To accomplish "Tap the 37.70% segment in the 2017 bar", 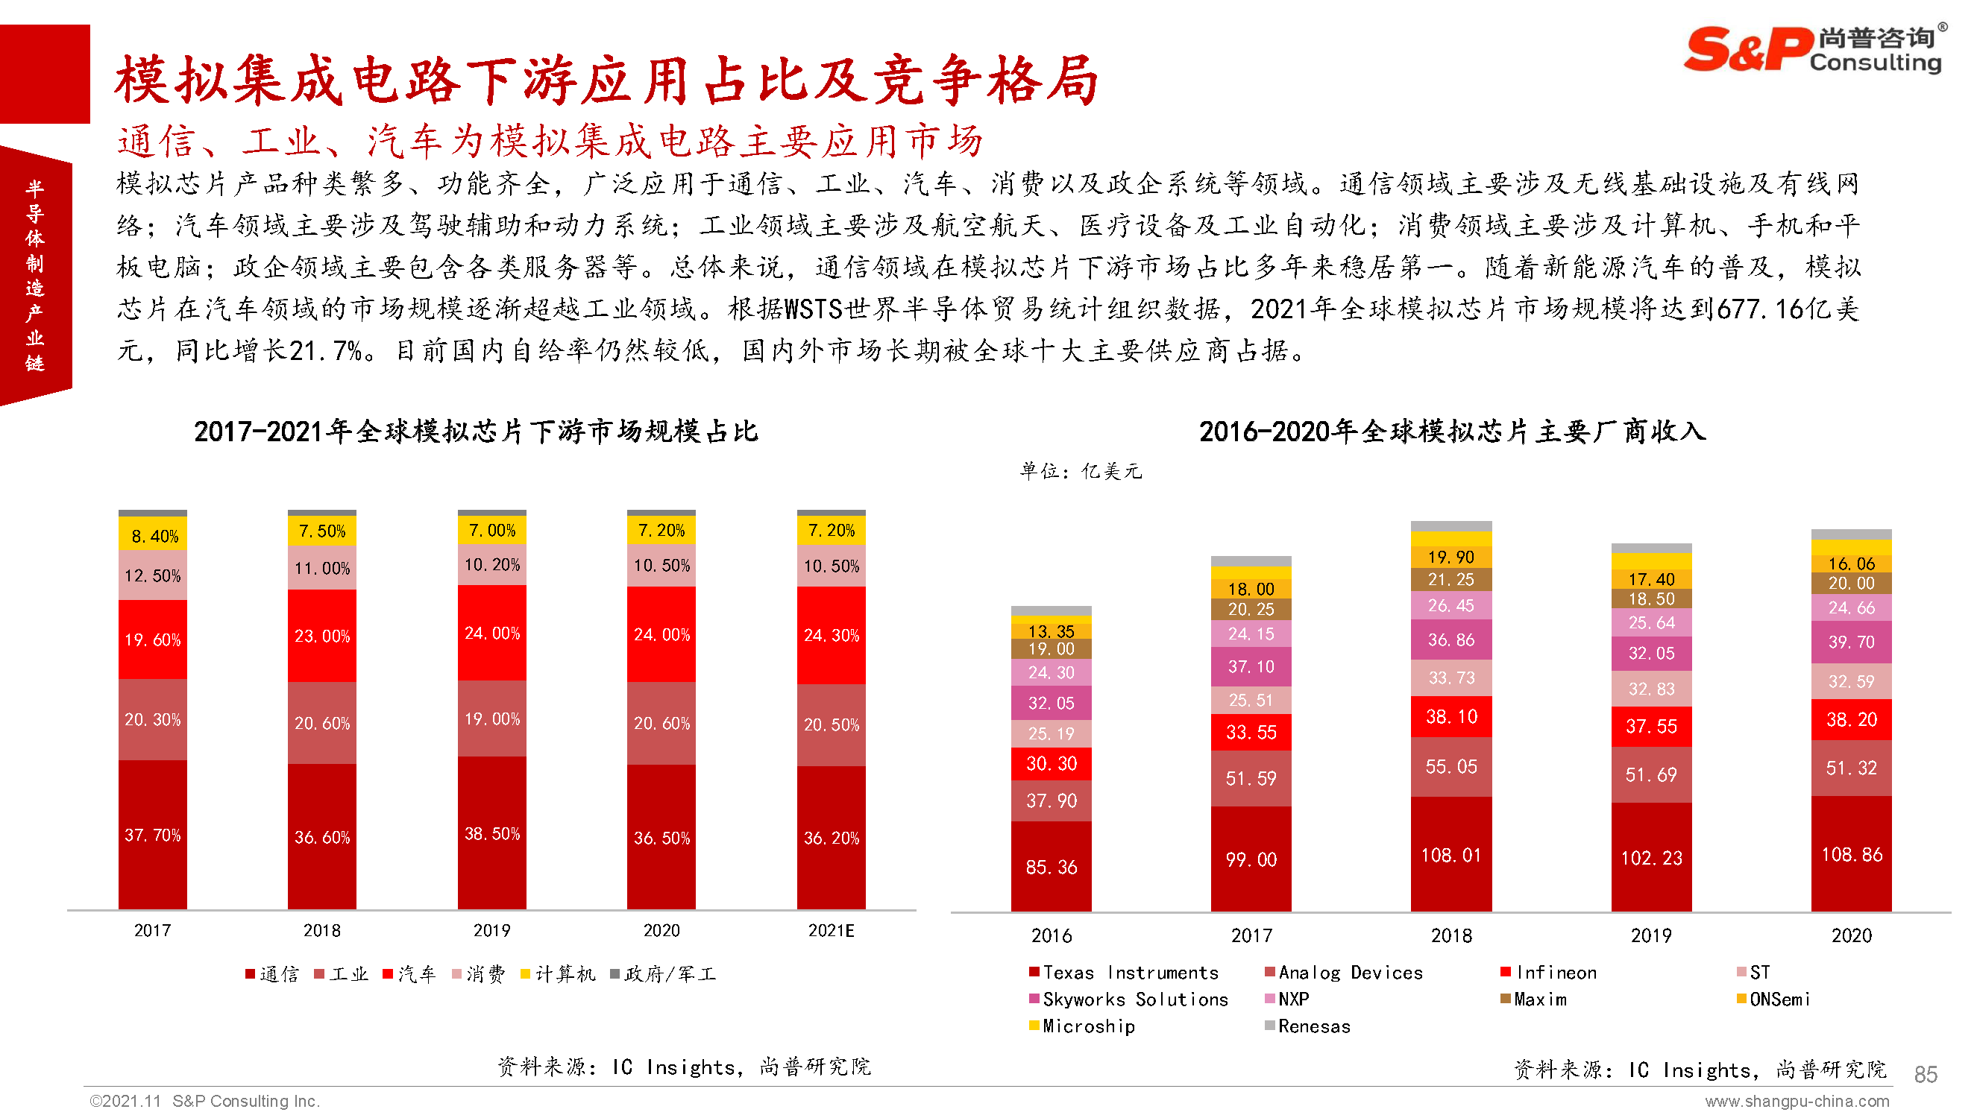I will [x=152, y=835].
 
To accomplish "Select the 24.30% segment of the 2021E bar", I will [x=831, y=635].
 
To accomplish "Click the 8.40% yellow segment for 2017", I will [x=153, y=535].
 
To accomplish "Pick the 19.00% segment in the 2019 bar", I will [x=491, y=719].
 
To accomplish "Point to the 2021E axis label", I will [x=831, y=931].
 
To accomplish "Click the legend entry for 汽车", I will [x=409, y=974].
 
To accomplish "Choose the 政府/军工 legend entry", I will [x=664, y=974].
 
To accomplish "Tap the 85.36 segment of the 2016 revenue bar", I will [x=1051, y=867].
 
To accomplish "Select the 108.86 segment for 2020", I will [x=1851, y=855].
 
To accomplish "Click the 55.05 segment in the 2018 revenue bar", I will [x=1451, y=766].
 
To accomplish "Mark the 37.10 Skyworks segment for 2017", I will [x=1251, y=666].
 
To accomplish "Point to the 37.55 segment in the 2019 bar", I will [x=1651, y=727].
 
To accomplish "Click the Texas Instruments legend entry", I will [x=1125, y=973].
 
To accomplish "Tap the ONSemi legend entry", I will [x=1773, y=999].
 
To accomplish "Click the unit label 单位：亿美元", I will [x=1081, y=471].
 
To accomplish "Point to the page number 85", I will [x=1926, y=1074].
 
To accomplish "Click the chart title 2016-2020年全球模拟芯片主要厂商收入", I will [x=1452, y=432].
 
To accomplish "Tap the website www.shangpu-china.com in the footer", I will [x=1797, y=1102].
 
